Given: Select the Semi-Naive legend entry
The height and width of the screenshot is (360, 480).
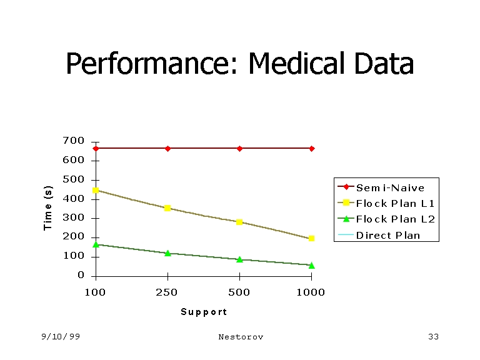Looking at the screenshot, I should pyautogui.click(x=390, y=187).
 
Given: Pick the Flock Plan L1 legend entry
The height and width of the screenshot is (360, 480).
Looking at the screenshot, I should pyautogui.click(x=395, y=203).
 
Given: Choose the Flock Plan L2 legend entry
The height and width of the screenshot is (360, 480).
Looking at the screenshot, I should pyautogui.click(x=395, y=219).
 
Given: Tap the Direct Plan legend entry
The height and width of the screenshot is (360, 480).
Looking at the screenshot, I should pyautogui.click(x=388, y=236).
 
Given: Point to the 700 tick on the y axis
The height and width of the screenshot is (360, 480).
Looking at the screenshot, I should pyautogui.click(x=73, y=141).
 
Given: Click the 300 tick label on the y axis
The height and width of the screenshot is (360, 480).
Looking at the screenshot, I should pyautogui.click(x=73, y=219).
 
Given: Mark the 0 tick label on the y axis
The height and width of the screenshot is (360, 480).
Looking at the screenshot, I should pyautogui.click(x=81, y=276).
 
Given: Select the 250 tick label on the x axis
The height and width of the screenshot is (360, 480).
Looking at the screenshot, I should pyautogui.click(x=167, y=292).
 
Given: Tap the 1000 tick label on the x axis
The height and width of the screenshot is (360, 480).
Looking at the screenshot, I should pyautogui.click(x=311, y=292).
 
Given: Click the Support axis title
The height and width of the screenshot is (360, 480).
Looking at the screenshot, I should pyautogui.click(x=204, y=312).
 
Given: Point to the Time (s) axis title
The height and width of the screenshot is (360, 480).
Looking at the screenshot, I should pyautogui.click(x=49, y=208).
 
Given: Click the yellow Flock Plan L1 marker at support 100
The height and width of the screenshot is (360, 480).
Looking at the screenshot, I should pyautogui.click(x=96, y=191).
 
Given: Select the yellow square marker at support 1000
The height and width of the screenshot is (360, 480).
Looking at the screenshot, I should pyautogui.click(x=311, y=239).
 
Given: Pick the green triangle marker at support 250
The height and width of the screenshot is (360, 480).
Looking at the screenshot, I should pyautogui.click(x=167, y=253).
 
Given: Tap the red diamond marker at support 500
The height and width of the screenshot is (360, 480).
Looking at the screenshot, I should pyautogui.click(x=239, y=148).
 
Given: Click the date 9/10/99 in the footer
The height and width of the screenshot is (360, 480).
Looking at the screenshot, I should pyautogui.click(x=61, y=337).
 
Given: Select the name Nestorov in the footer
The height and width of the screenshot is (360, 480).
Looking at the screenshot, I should pyautogui.click(x=241, y=337).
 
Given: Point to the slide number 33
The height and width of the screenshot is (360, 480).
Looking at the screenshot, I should pyautogui.click(x=433, y=337).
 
